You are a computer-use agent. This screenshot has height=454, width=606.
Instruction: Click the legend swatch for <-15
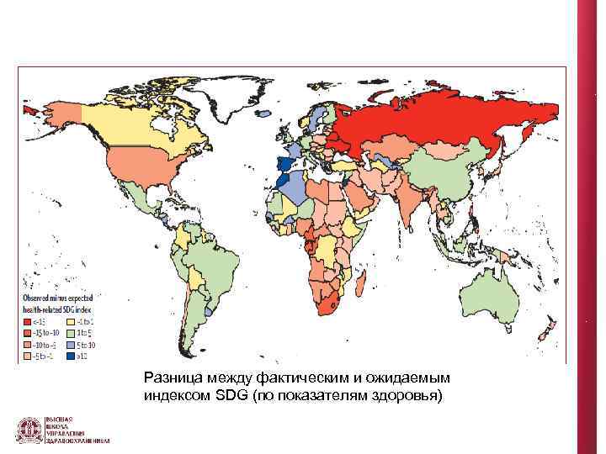28,321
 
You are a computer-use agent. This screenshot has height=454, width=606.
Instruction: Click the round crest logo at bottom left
29,430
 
